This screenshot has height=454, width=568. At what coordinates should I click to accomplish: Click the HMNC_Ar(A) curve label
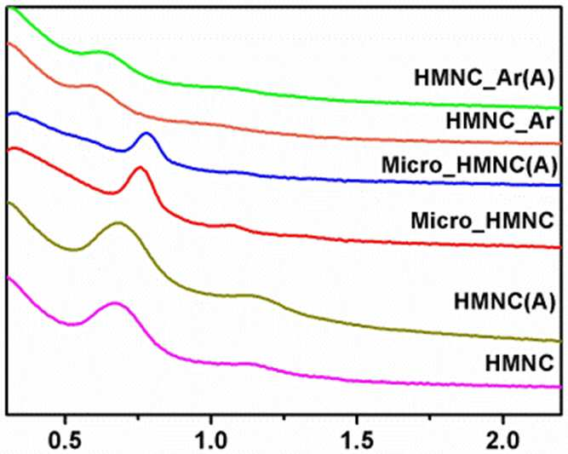[x=485, y=78]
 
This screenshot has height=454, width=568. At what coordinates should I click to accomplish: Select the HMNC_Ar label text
[x=500, y=121]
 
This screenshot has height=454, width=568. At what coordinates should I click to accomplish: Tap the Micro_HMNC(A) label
[x=468, y=165]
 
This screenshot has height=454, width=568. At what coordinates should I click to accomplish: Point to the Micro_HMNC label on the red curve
[x=483, y=220]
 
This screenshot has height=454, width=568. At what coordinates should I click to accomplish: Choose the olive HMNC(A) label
[x=505, y=301]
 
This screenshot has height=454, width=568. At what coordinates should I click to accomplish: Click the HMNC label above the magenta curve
[x=519, y=363]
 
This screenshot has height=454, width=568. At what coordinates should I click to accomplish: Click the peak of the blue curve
[x=146, y=134]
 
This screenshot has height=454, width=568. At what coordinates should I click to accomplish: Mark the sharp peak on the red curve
[x=140, y=168]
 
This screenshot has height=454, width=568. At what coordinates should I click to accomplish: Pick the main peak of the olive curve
[x=119, y=223]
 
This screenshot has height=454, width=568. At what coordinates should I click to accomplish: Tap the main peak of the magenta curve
[x=115, y=303]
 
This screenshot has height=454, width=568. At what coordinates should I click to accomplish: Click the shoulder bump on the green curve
[x=100, y=52]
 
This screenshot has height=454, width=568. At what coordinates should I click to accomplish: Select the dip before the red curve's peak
[x=112, y=193]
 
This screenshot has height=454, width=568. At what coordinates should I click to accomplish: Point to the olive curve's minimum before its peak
[x=74, y=250]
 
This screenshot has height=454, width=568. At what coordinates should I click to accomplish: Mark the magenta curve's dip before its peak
[x=72, y=324]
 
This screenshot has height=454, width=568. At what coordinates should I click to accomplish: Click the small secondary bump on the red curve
[x=231, y=226]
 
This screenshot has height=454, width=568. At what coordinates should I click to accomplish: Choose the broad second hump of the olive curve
[x=250, y=296]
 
